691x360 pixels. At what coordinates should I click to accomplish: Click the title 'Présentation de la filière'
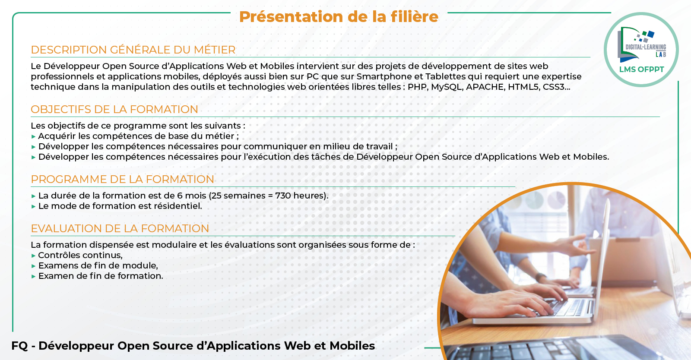point(339,17)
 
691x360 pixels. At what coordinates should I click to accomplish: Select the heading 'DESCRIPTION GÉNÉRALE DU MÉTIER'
point(133,50)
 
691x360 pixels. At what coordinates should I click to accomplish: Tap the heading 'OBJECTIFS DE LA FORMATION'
point(114,109)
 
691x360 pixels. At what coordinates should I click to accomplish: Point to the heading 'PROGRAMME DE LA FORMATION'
point(123,180)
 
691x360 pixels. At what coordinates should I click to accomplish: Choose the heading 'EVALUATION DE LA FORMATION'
point(120,228)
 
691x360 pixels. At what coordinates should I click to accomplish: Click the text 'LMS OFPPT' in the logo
point(642,69)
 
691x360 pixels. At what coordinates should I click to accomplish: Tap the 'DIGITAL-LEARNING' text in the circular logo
point(646,47)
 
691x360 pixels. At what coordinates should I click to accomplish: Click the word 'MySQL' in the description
point(447,87)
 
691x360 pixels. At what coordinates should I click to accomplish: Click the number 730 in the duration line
point(283,196)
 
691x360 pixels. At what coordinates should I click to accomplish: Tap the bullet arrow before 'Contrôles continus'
point(34,256)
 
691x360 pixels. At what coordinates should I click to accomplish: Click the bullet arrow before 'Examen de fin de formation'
point(34,276)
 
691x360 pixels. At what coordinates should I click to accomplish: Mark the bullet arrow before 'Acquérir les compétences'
point(34,136)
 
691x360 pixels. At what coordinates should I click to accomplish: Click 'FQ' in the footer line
point(19,346)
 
